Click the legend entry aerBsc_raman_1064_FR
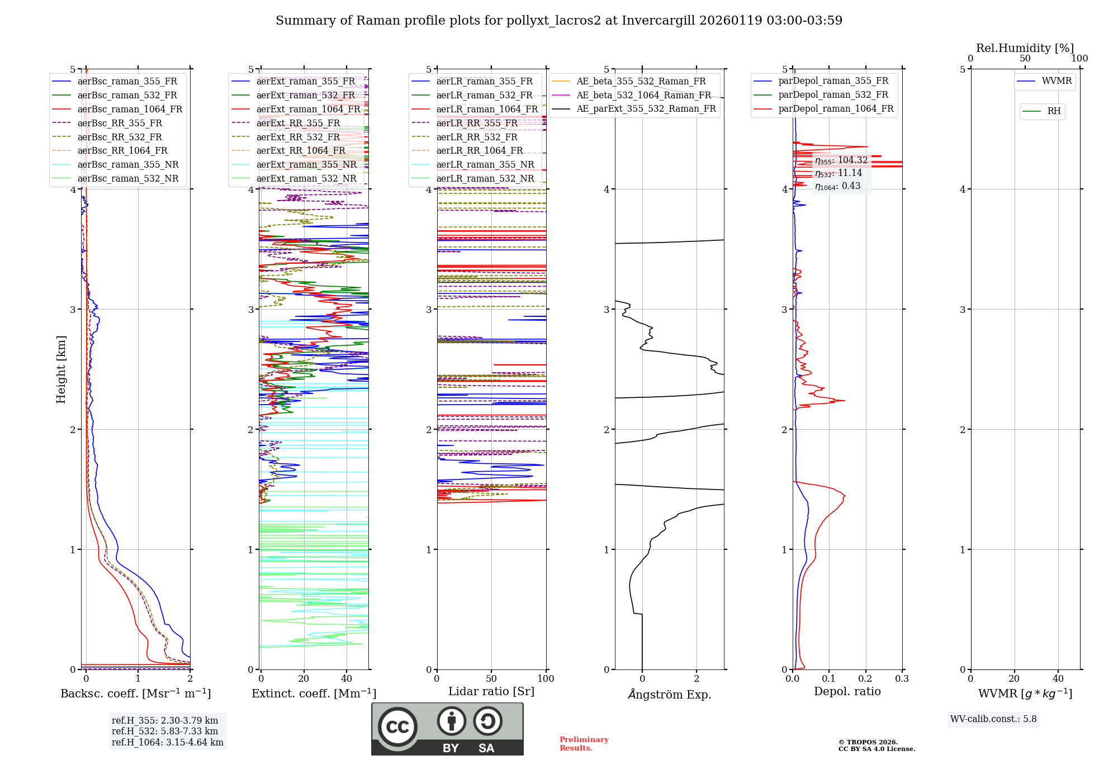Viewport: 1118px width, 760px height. tap(130, 110)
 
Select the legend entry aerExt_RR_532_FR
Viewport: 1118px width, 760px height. tap(298, 137)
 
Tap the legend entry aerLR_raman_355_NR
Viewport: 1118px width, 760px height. tap(485, 165)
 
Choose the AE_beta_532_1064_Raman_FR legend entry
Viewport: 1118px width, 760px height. tap(643, 96)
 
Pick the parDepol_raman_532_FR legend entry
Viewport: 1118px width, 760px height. tap(833, 95)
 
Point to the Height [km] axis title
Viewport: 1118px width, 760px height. tap(61, 369)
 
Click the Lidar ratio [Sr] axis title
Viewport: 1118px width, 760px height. tap(491, 692)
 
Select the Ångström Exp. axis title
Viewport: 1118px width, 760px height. tap(670, 695)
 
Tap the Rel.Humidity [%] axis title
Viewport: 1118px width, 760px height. tap(1025, 48)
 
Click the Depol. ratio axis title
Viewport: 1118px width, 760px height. tap(847, 692)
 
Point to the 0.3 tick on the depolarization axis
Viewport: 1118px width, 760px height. tap(902, 679)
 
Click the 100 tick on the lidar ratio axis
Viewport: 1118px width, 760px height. tap(546, 679)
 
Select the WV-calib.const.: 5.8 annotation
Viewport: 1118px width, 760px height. tap(993, 719)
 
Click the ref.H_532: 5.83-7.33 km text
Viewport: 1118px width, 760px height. tap(165, 731)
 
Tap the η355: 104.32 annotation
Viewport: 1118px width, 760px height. tap(841, 161)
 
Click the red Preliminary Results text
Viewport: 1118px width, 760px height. tap(584, 744)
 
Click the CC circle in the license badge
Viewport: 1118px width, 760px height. tap(397, 727)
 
